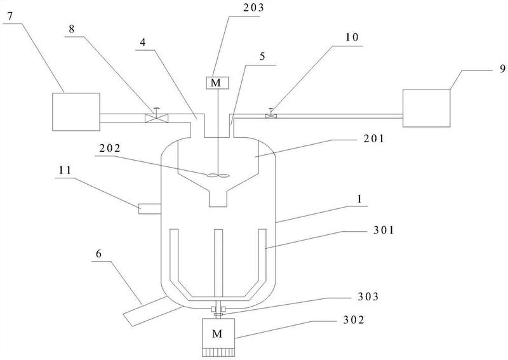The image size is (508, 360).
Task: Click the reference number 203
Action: [x=253, y=8]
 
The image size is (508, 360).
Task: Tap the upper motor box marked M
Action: [x=217, y=83]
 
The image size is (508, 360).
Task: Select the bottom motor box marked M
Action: [x=218, y=333]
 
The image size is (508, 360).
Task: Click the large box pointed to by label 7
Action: [x=76, y=112]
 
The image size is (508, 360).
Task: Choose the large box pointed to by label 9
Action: [x=426, y=108]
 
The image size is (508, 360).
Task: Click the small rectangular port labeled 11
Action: [x=150, y=209]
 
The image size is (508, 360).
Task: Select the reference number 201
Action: [x=373, y=138]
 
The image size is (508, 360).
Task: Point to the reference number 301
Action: [x=384, y=230]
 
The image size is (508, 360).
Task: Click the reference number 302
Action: [x=354, y=320]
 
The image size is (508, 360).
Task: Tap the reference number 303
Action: [x=368, y=297]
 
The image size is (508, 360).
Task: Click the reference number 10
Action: [x=352, y=37]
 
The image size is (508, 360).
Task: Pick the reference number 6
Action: [x=98, y=253]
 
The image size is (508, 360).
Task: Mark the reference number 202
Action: [x=110, y=149]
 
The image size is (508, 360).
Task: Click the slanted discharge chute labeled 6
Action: [x=152, y=310]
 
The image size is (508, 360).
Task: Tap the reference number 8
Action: [x=72, y=29]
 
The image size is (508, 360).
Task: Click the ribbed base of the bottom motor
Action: [x=218, y=352]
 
